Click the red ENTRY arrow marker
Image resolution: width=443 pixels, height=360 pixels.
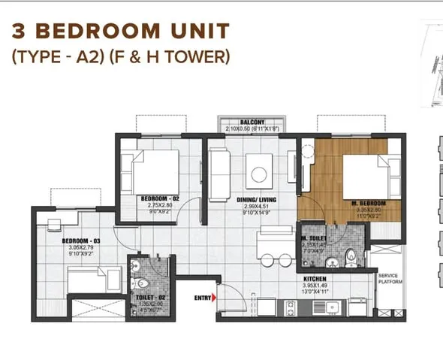pyautogui.click(x=214, y=298)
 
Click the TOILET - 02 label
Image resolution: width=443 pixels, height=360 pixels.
pyautogui.click(x=149, y=298)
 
